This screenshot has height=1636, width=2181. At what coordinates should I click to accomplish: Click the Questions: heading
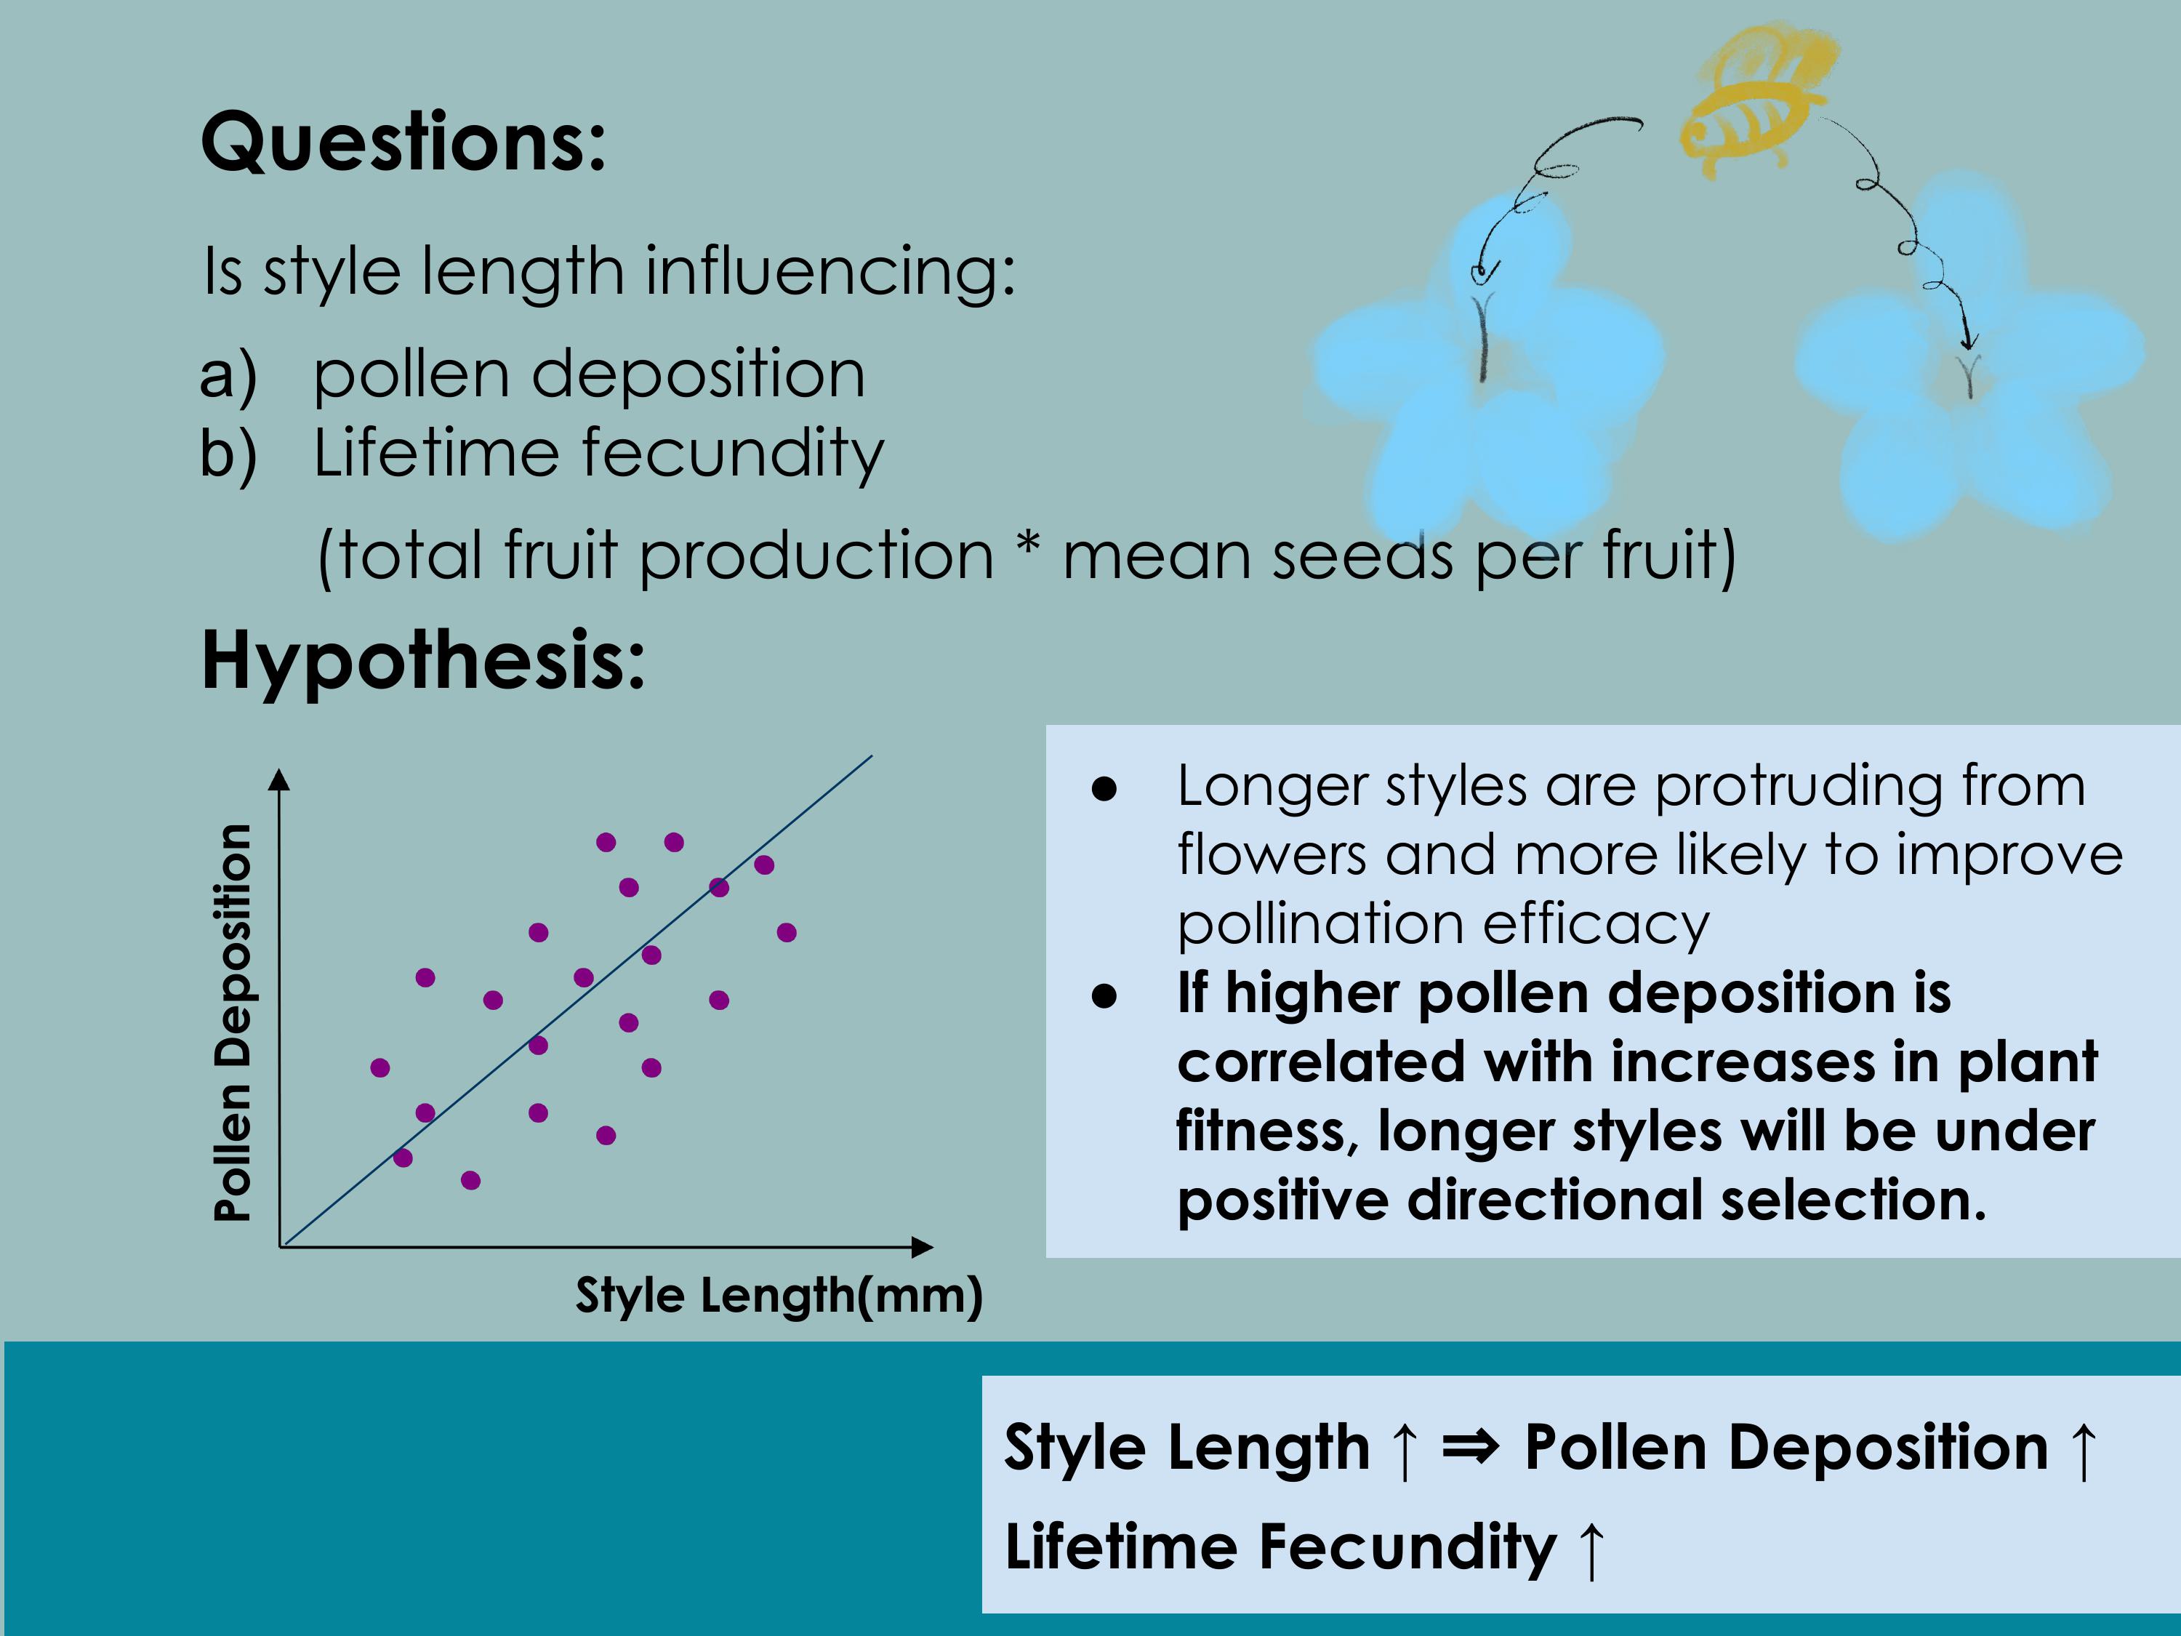click(x=403, y=144)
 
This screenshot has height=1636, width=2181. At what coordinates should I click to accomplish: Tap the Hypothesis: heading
click(x=423, y=662)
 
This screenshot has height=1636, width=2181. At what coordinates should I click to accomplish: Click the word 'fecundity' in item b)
click(x=734, y=454)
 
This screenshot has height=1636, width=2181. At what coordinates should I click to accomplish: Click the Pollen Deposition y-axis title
click(x=233, y=1022)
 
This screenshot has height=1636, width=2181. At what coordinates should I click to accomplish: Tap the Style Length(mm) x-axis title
click(x=779, y=1296)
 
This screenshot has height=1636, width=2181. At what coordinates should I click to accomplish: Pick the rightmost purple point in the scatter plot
click(x=786, y=933)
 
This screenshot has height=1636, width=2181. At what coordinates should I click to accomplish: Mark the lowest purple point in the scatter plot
click(x=470, y=1180)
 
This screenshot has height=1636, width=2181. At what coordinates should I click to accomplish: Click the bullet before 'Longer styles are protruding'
click(x=1104, y=789)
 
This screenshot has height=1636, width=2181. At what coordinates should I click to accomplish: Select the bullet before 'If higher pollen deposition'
click(x=1104, y=996)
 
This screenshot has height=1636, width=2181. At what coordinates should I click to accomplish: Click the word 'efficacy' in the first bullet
click(x=1595, y=927)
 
